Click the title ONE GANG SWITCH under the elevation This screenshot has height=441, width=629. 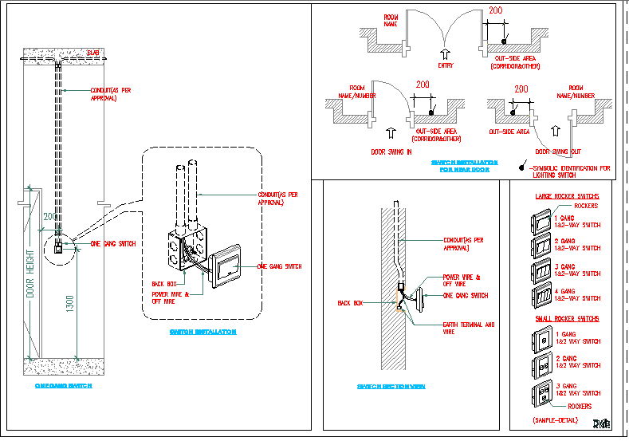pyautogui.click(x=64, y=385)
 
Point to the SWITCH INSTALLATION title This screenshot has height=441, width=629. pyautogui.click(x=203, y=331)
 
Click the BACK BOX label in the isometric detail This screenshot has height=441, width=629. pyautogui.click(x=163, y=283)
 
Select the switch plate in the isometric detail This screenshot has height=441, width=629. pyautogui.click(x=228, y=266)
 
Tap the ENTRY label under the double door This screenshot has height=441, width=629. pyautogui.click(x=446, y=65)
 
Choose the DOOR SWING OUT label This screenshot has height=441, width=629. pyautogui.click(x=558, y=151)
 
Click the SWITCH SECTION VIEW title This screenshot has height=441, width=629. pyautogui.click(x=391, y=386)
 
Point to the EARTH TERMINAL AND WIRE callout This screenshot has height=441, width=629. pyautogui.click(x=469, y=328)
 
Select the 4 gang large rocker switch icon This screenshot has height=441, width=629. pyautogui.click(x=541, y=295)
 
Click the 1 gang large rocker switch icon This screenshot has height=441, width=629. pyautogui.click(x=541, y=220)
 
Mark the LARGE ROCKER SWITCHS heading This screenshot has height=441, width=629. pyautogui.click(x=567, y=195)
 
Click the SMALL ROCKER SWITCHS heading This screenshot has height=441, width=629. pyautogui.click(x=567, y=318)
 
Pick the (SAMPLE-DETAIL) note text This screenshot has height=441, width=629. pyautogui.click(x=556, y=419)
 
